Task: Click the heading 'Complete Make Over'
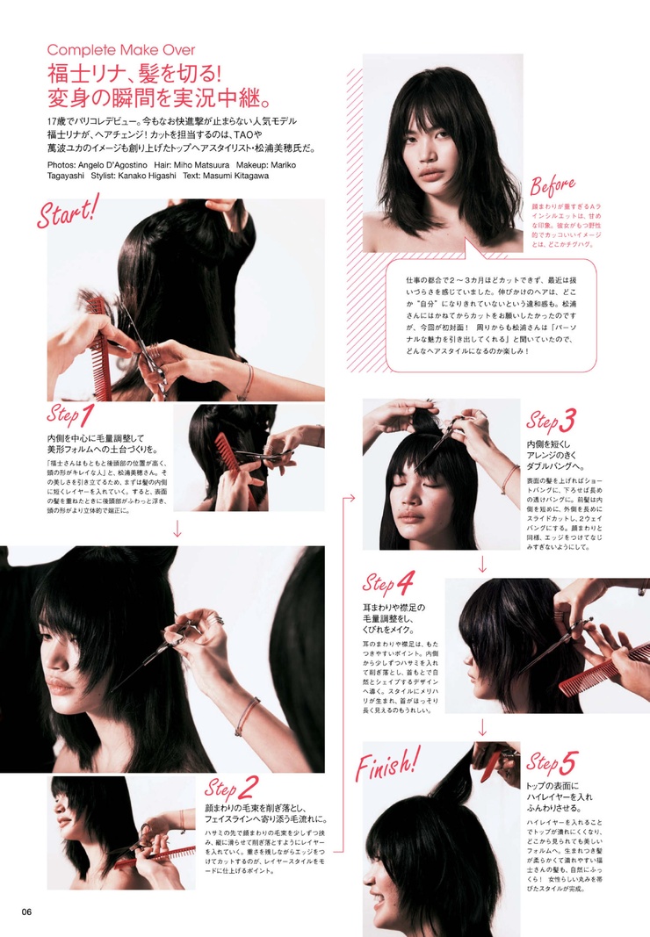[121, 50]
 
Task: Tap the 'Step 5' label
[554, 761]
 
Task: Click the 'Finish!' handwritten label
[387, 764]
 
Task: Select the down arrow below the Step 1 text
[178, 528]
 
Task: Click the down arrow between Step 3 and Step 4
[482, 564]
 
